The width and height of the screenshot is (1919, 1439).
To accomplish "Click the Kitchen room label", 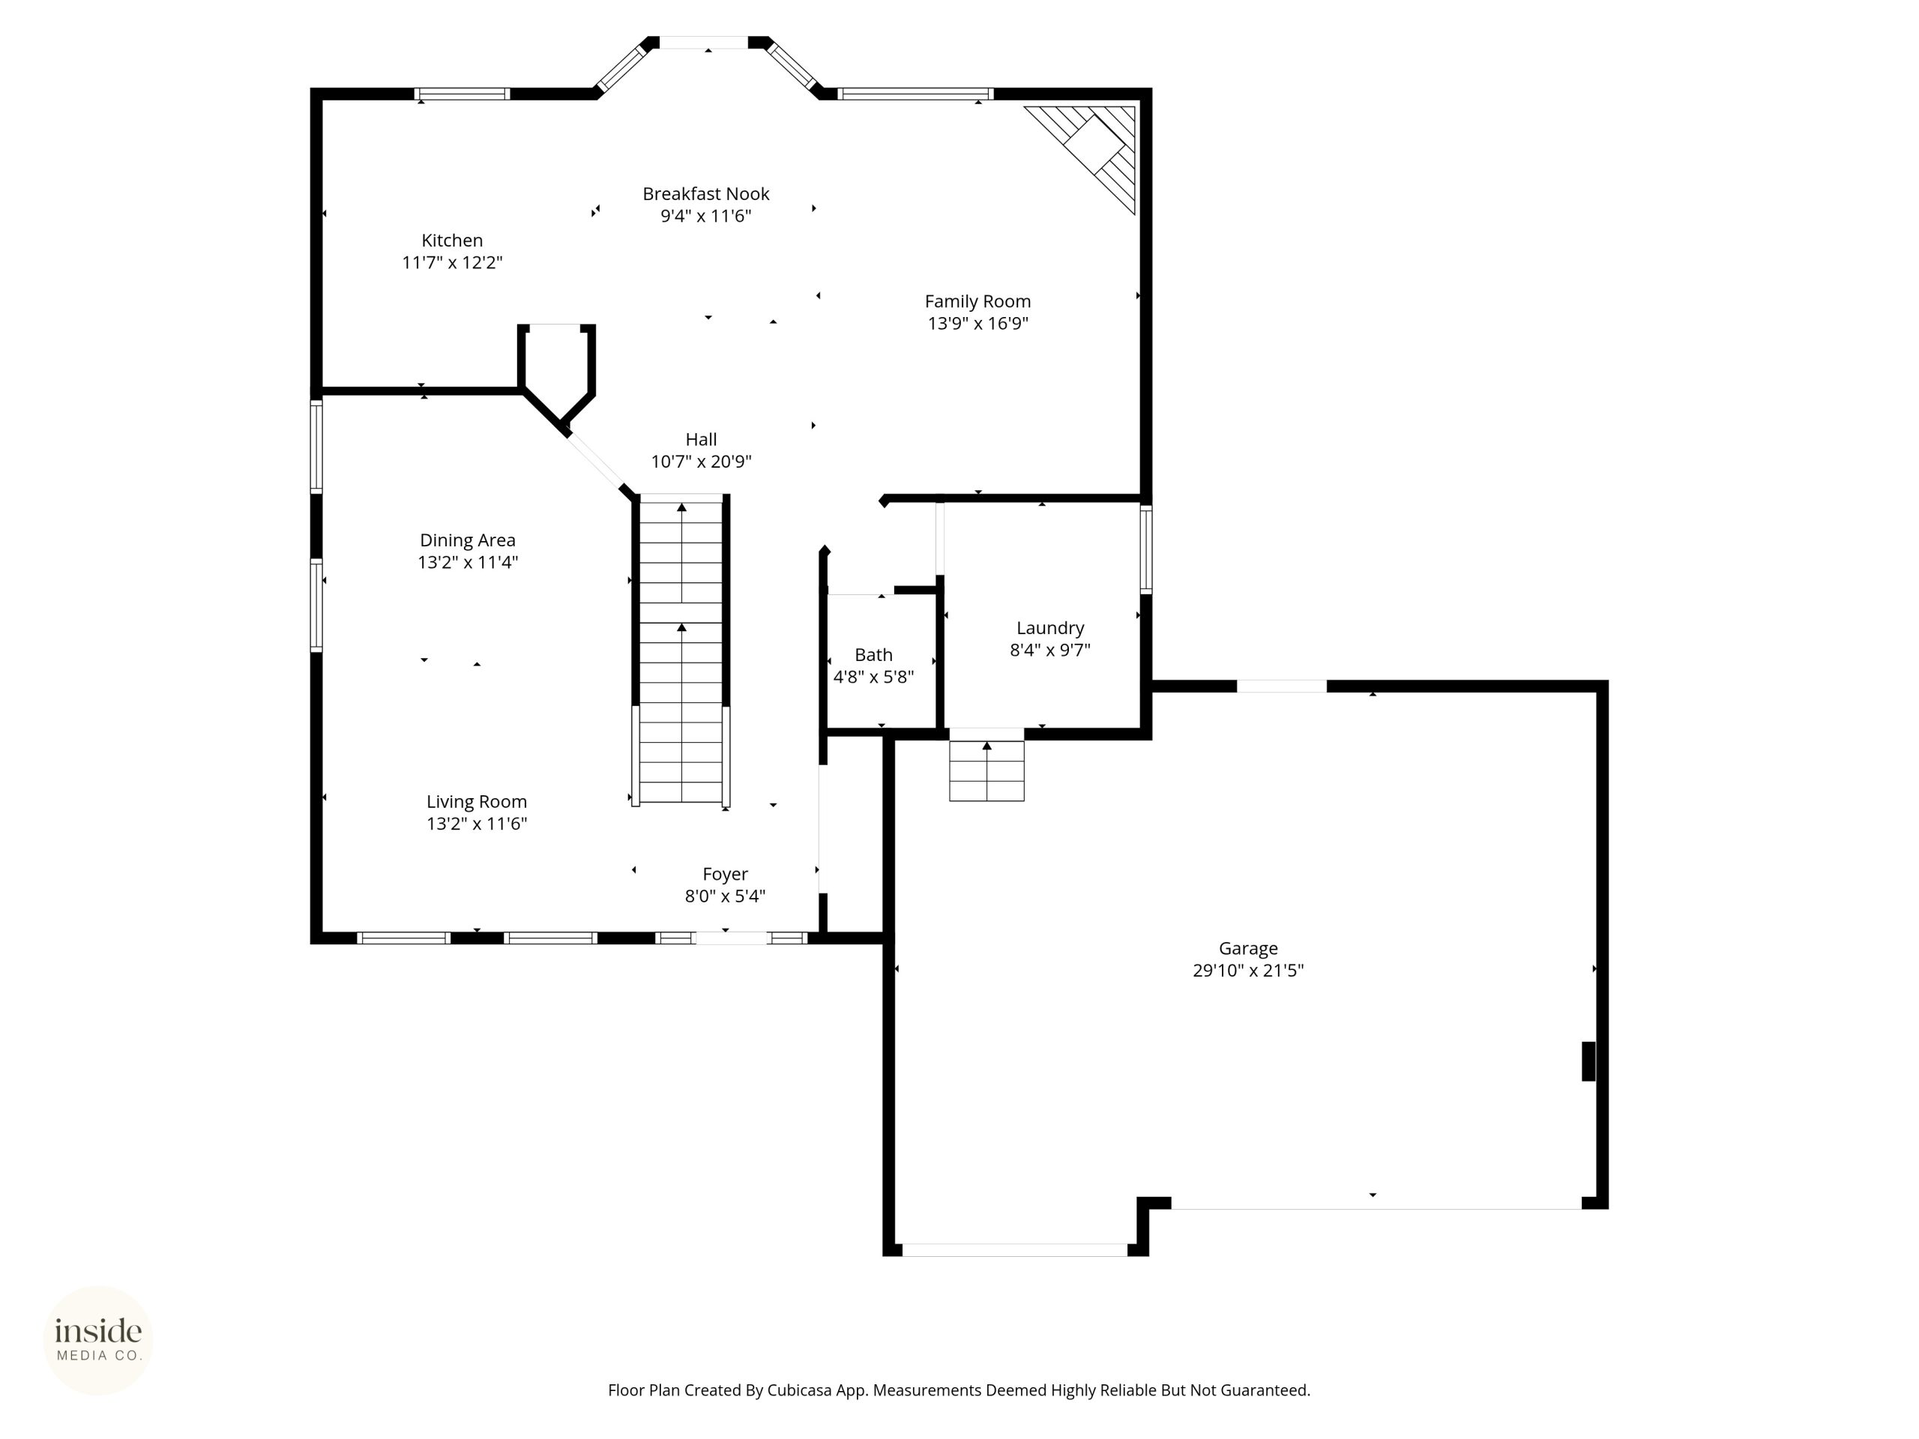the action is (x=452, y=241).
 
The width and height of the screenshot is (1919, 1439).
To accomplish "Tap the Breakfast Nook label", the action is (x=705, y=193).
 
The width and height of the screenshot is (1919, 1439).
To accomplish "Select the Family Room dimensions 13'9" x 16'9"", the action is (x=977, y=324).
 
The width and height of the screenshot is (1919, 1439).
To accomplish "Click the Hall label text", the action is (x=701, y=440).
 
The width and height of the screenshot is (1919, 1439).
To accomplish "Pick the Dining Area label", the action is (x=468, y=540).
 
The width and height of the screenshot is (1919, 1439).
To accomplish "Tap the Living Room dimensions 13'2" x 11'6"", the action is (x=476, y=824).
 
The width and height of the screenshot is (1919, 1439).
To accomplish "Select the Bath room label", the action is (x=873, y=655).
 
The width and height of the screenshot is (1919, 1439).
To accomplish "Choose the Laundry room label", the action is (x=1049, y=628).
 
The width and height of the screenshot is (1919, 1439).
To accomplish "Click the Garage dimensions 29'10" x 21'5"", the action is (x=1248, y=971).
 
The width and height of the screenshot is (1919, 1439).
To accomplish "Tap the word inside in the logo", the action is (x=98, y=1330).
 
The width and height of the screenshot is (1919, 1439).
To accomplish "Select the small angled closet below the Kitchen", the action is (x=557, y=373).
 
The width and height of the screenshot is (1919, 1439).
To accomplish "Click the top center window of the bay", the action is (x=704, y=43).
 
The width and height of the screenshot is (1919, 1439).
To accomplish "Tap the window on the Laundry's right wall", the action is (x=1146, y=549).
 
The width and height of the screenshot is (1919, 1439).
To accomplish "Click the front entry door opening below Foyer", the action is (x=732, y=938).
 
